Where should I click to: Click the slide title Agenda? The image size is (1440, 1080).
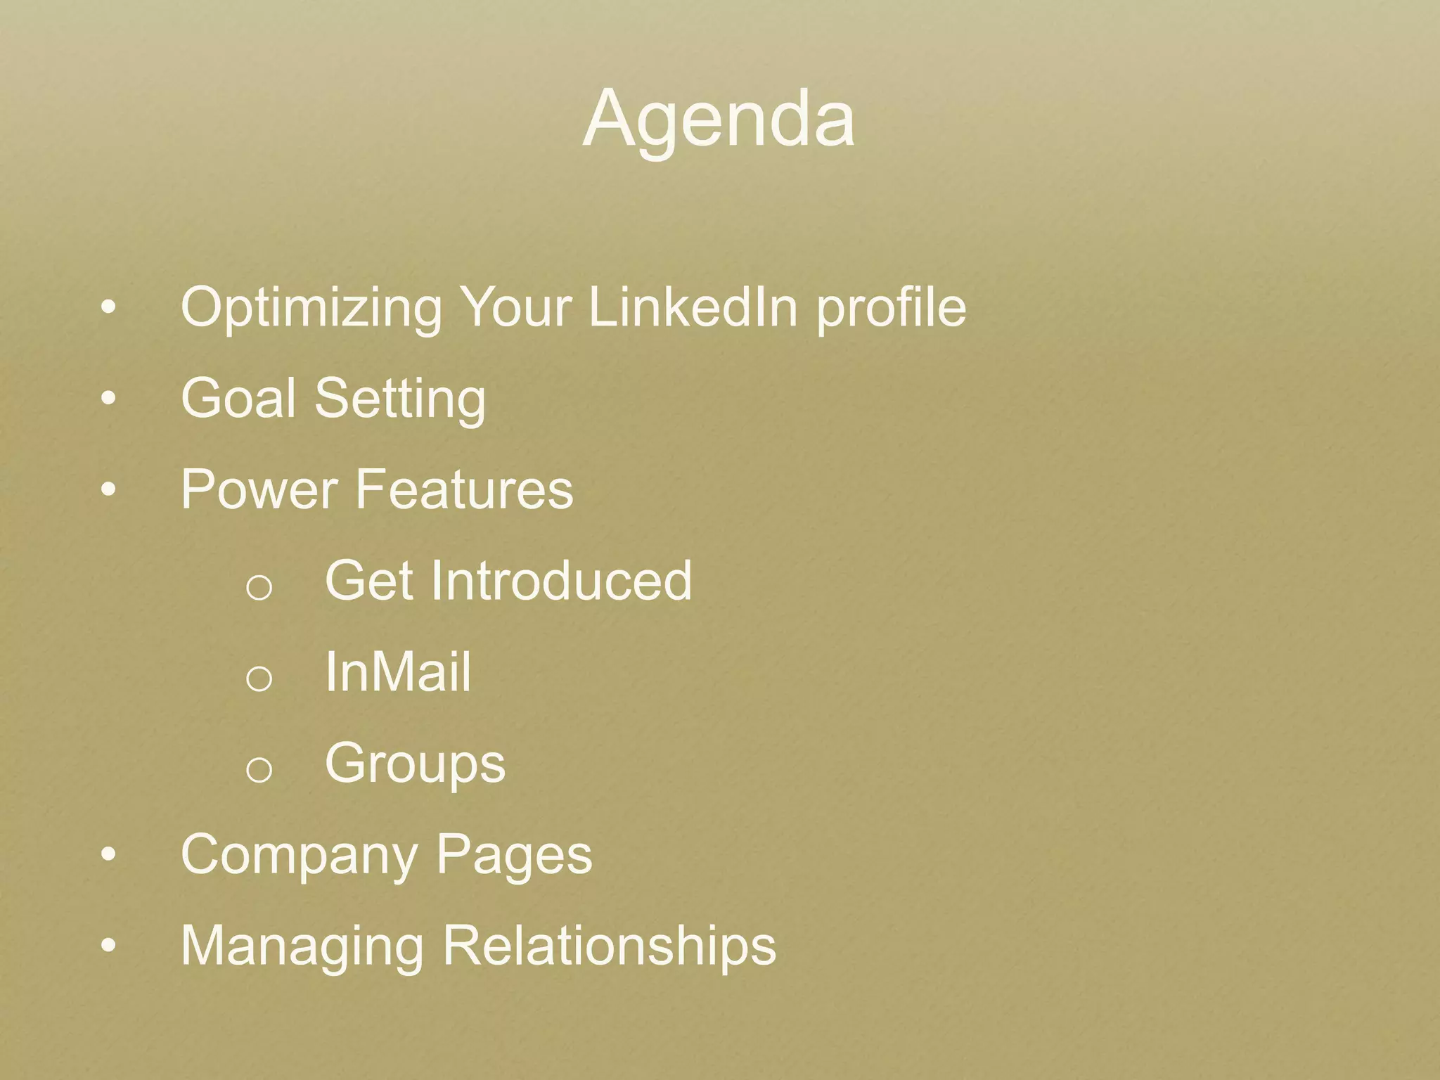coord(719,120)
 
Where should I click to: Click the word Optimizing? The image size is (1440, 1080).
coord(311,308)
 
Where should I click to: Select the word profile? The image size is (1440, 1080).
coord(891,308)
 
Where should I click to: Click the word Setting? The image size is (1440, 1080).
coord(400,399)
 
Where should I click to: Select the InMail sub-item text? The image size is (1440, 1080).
coord(398,672)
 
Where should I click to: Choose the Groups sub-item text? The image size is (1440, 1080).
coord(415,764)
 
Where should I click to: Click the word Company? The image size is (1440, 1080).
coord(300,856)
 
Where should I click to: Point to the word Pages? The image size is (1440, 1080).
coord(514,856)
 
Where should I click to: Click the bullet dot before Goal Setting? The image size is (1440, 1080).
coord(108,399)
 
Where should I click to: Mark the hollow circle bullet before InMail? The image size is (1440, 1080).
coord(259,679)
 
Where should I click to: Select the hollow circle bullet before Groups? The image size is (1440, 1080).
coord(259,770)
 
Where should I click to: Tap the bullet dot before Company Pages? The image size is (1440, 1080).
coord(108,855)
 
